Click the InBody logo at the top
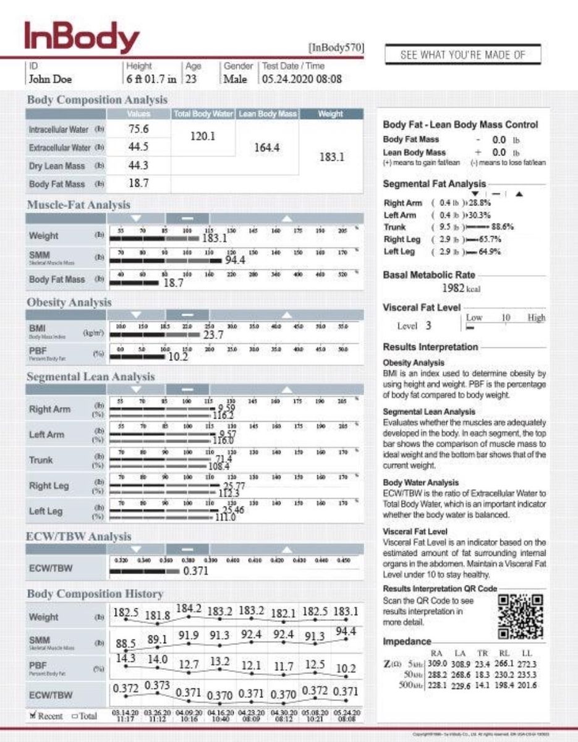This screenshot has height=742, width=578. [81, 38]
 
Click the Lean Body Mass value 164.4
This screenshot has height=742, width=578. [267, 147]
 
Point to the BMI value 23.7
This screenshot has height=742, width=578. [213, 335]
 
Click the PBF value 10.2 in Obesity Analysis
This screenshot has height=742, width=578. [177, 357]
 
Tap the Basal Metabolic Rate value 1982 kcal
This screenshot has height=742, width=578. [461, 288]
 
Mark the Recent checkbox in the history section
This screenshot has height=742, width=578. [33, 715]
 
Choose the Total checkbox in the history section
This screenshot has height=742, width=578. [75, 715]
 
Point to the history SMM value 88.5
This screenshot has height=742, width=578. [126, 644]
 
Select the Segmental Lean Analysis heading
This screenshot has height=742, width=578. [90, 377]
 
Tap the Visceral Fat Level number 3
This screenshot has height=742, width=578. [428, 326]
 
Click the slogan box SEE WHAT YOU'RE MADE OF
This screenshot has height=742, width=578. [462, 54]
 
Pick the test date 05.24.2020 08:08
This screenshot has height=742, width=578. [302, 79]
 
